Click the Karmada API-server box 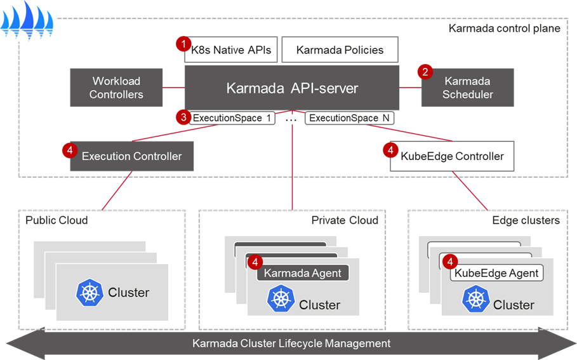click(x=292, y=88)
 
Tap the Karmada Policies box click(x=340, y=50)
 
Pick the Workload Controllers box click(x=116, y=88)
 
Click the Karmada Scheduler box click(x=467, y=88)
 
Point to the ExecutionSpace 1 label click(x=232, y=118)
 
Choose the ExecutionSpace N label click(x=349, y=118)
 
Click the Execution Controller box click(x=131, y=156)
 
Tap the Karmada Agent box click(x=302, y=274)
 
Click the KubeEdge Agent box click(x=497, y=274)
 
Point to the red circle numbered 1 click(x=183, y=44)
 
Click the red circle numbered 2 click(x=425, y=72)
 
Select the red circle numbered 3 click(x=183, y=117)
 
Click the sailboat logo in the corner click(x=29, y=20)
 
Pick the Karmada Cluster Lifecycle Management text click(x=291, y=343)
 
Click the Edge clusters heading click(x=526, y=220)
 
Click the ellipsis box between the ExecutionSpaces click(x=291, y=119)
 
